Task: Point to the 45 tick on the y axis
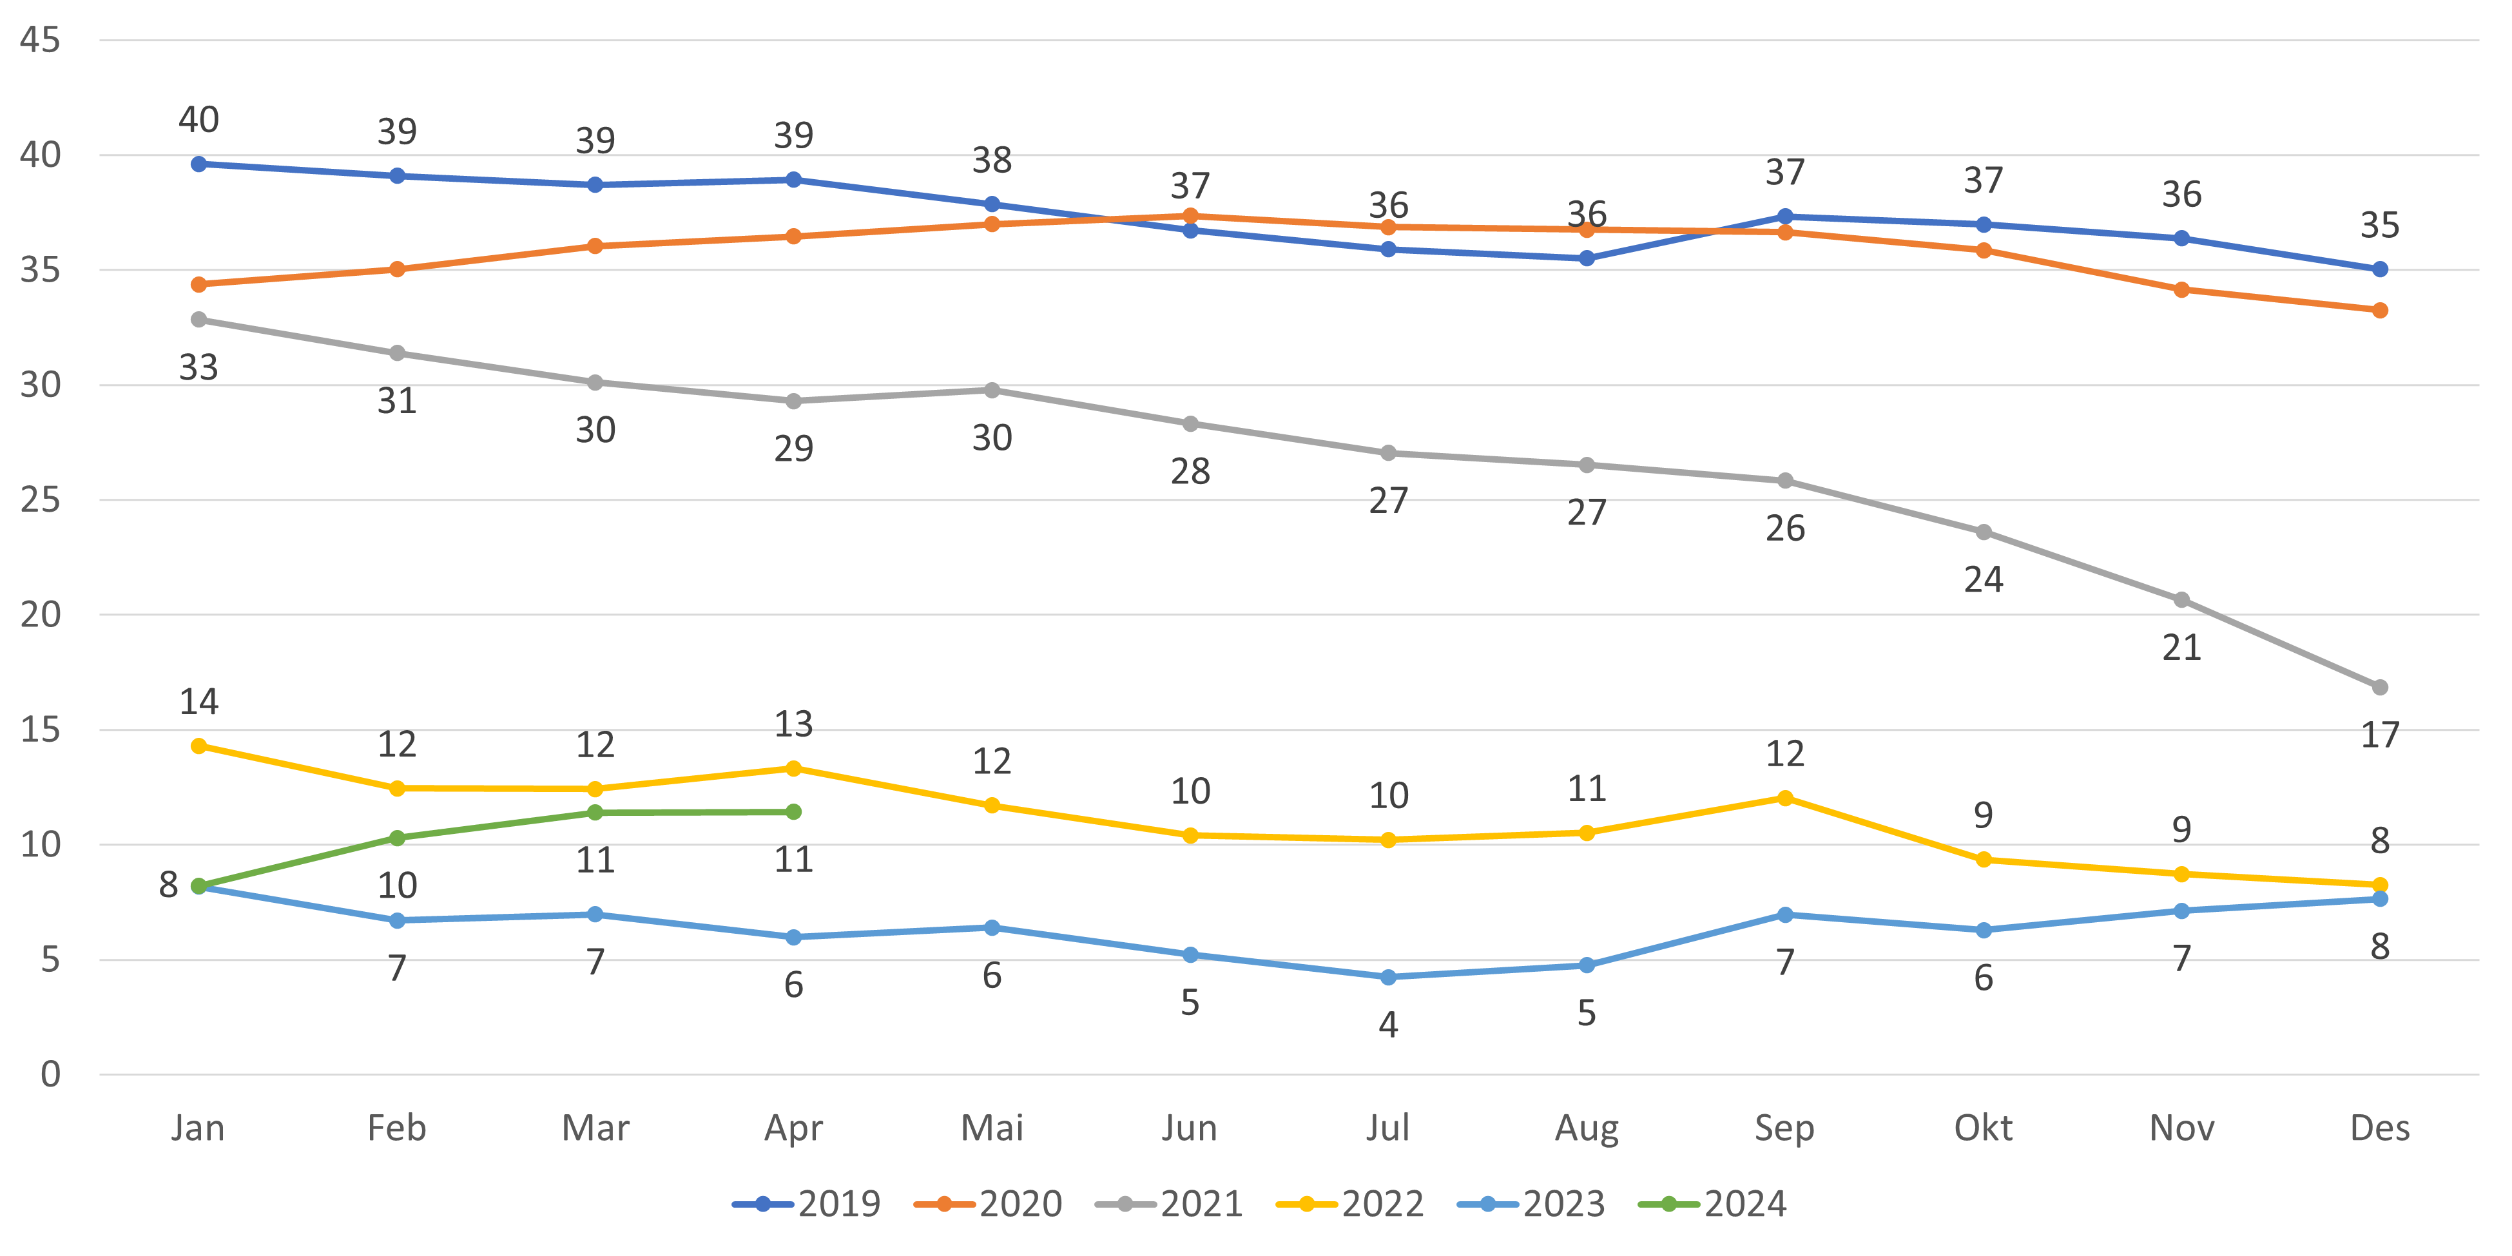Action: click(40, 40)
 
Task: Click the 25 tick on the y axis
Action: click(40, 500)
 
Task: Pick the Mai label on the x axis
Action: click(992, 1128)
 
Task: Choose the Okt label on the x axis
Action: click(1982, 1128)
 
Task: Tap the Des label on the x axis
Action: click(2379, 1128)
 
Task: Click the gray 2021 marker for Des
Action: click(2379, 688)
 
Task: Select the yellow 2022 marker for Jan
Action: click(199, 746)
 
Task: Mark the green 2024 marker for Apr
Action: click(794, 812)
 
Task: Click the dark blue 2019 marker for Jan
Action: click(199, 164)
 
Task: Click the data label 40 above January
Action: click(199, 120)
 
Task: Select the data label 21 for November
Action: click(2181, 648)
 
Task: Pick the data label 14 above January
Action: click(199, 702)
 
